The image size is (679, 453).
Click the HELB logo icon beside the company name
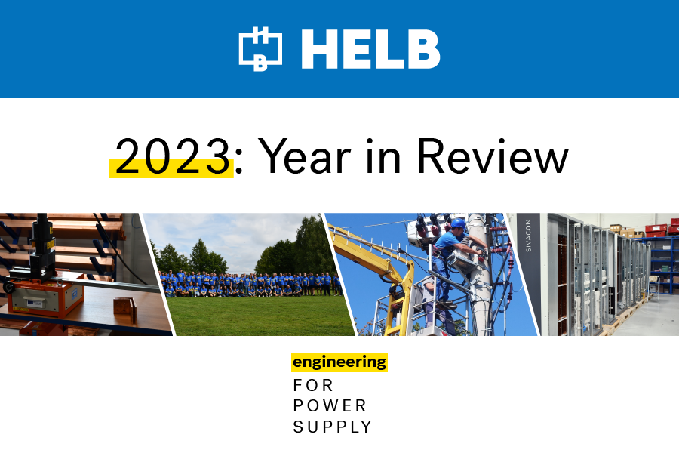click(260, 48)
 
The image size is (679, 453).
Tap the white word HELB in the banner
click(370, 49)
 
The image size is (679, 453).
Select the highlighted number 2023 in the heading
click(172, 156)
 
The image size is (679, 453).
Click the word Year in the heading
click(305, 156)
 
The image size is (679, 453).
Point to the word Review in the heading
click(493, 156)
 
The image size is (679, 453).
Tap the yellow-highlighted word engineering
click(339, 362)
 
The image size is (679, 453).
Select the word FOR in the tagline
click(313, 385)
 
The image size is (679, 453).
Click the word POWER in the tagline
click(330, 405)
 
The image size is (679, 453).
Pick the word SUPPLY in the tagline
click(332, 427)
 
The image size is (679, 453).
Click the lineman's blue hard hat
click(458, 223)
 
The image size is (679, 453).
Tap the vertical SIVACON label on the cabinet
click(528, 236)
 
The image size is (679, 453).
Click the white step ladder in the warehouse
click(655, 288)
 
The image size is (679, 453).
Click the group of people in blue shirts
click(250, 285)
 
